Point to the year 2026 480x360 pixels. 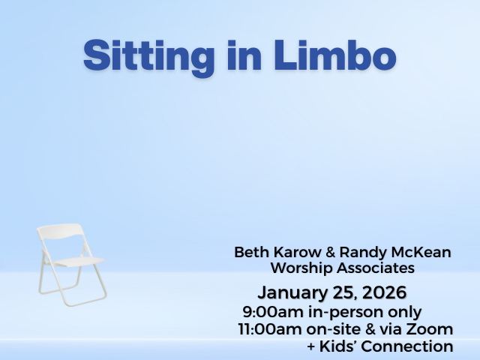click(385, 292)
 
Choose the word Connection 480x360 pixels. click(407, 346)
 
